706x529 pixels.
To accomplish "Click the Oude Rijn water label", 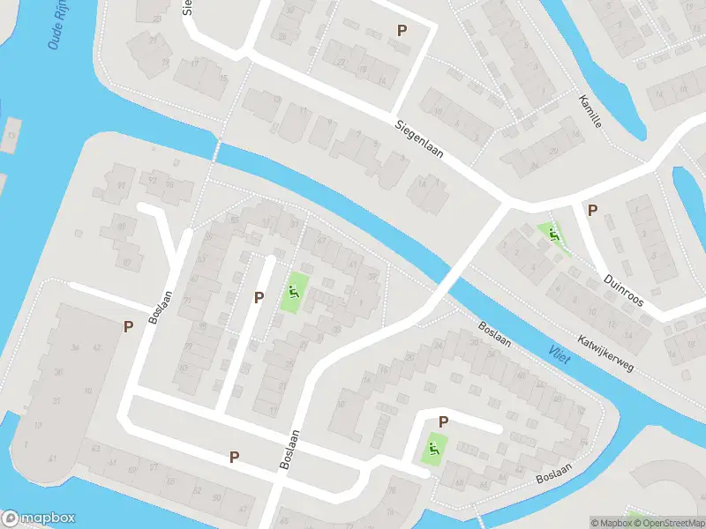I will (64, 25).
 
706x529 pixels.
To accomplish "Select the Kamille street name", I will (590, 112).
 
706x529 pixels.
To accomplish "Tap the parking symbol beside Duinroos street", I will (592, 211).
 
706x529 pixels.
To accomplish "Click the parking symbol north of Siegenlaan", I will (402, 31).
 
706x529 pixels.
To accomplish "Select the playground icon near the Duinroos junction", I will (553, 235).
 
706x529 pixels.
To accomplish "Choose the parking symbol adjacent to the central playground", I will (259, 298).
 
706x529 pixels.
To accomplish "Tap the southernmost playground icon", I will (432, 448).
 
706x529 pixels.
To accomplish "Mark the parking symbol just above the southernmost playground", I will (443, 422).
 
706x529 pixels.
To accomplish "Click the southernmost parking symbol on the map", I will (234, 457).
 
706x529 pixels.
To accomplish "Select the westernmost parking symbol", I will (128, 327).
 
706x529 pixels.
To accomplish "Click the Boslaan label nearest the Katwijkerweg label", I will (494, 332).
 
